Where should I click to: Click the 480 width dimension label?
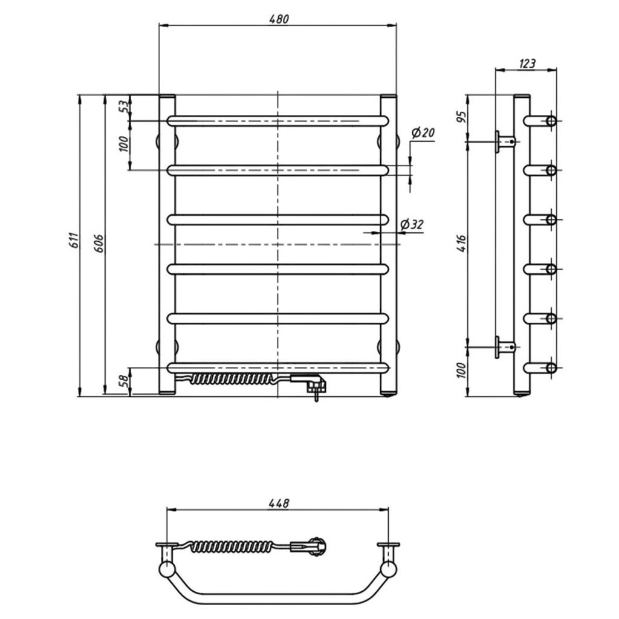pyautogui.click(x=279, y=19)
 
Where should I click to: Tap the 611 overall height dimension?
pyautogui.click(x=75, y=241)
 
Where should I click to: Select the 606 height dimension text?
pyautogui.click(x=99, y=243)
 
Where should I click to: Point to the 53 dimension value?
pyautogui.click(x=124, y=106)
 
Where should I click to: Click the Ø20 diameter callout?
pyautogui.click(x=423, y=132)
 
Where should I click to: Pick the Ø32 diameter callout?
pyautogui.click(x=412, y=225)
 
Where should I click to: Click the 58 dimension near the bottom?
pyautogui.click(x=124, y=380)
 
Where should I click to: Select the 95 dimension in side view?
pyautogui.click(x=461, y=116)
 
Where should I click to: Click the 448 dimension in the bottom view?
pyautogui.click(x=279, y=503)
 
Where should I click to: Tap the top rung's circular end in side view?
pyautogui.click(x=551, y=121)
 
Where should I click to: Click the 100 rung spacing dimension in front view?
pyautogui.click(x=124, y=144)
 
